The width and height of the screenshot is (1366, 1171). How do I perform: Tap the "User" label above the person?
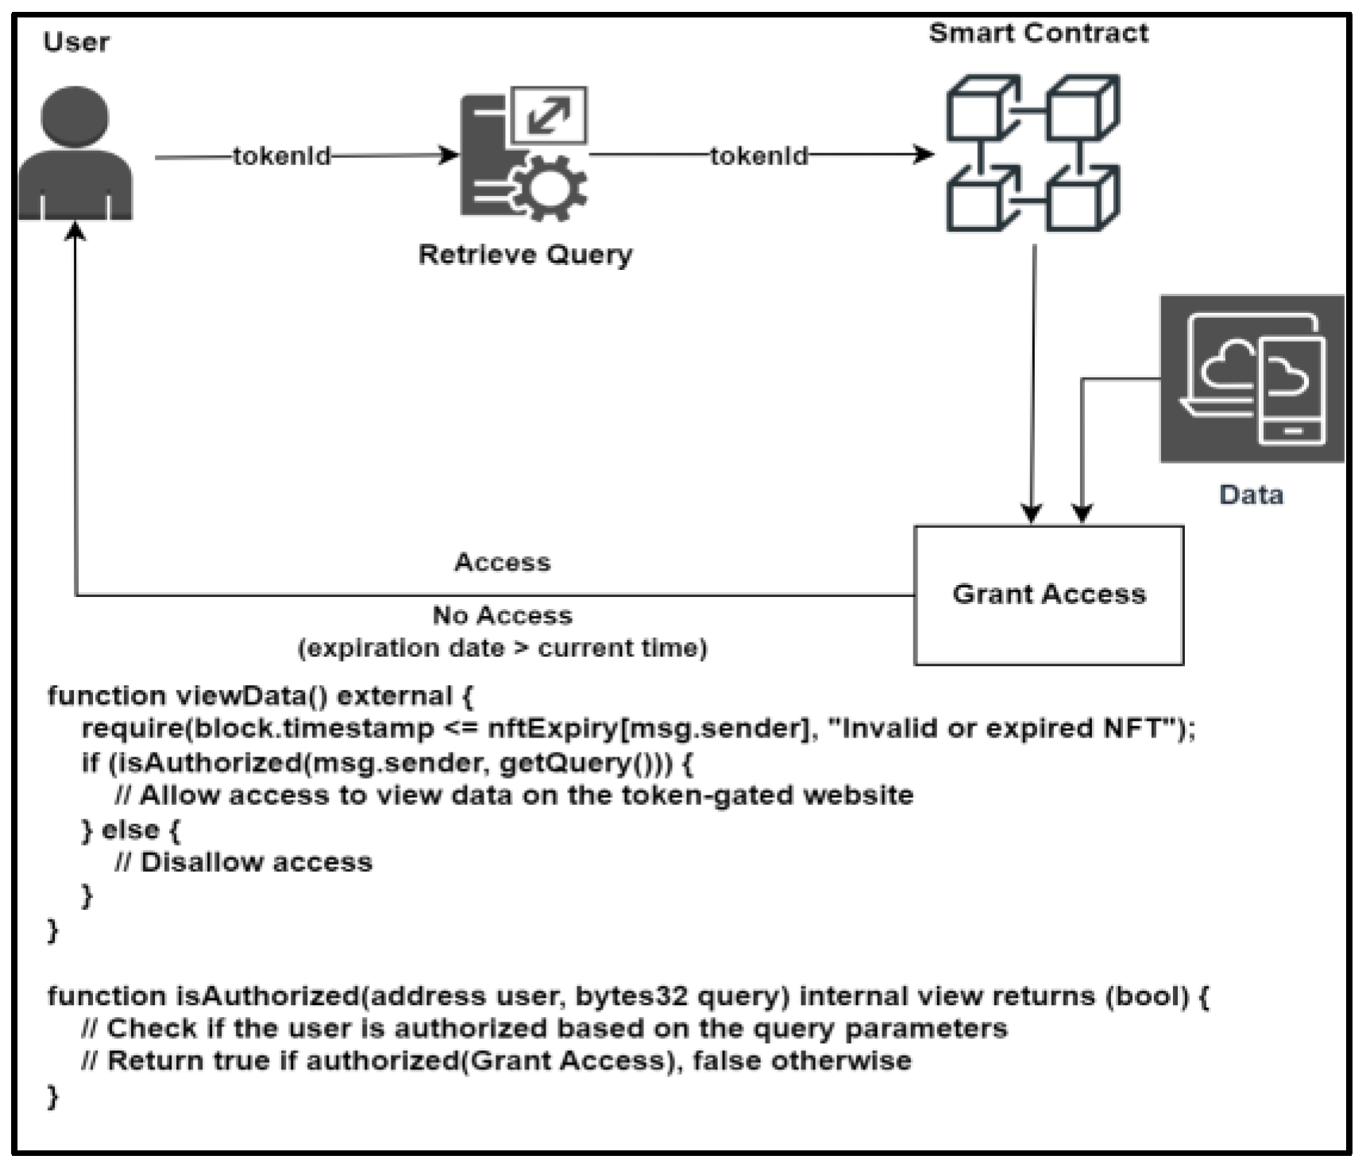point(76,41)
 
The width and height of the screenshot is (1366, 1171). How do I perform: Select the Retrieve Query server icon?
point(524,155)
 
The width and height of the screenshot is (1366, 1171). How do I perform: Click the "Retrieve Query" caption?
point(526,255)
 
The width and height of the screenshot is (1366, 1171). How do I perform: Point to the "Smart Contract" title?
point(1038,33)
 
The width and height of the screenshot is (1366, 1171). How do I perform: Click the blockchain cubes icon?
point(1032,153)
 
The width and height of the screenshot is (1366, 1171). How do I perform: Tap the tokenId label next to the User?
point(282,156)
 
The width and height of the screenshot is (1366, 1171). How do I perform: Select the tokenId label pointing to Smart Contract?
point(759,156)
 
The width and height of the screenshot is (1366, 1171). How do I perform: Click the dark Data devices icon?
point(1252,379)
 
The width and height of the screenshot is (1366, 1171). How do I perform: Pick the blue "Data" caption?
point(1251,495)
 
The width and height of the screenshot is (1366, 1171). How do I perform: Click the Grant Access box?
point(1048,595)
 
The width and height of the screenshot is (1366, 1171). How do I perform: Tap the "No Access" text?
point(502,614)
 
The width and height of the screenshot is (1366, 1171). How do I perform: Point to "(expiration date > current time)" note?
point(502,648)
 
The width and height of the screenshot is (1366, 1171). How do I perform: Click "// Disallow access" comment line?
point(243,862)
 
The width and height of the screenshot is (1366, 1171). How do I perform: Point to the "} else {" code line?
point(131,830)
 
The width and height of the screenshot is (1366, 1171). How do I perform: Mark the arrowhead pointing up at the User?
point(75,230)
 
